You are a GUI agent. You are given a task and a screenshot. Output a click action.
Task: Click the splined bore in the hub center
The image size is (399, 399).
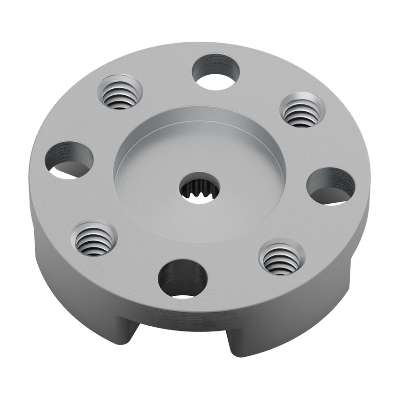tap(199, 189)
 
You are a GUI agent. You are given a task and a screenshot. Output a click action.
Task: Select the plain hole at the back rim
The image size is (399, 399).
tap(216, 72)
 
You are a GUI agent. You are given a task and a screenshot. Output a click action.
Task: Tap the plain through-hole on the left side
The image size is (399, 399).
tap(69, 160)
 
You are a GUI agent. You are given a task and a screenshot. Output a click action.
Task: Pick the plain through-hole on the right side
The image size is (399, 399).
tap(330, 186)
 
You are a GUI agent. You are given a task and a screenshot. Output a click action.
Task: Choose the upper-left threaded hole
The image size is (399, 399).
tap(120, 93)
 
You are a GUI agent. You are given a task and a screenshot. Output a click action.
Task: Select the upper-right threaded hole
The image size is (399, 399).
tap(302, 110)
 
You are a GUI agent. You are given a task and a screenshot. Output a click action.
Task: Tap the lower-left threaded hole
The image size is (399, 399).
tap(94, 239)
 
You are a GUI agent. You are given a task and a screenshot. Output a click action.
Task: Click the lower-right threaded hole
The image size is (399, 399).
tap(281, 258)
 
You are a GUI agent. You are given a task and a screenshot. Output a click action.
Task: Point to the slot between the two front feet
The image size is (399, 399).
tap(181, 340)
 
